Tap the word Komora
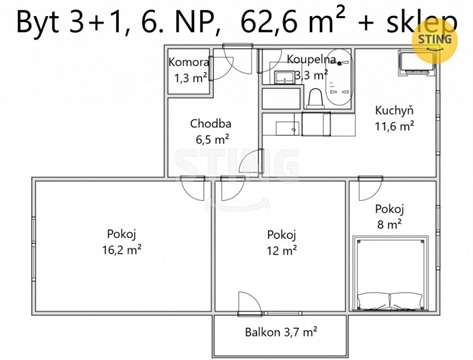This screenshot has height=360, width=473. (x=189, y=62)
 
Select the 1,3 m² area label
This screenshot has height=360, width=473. (x=189, y=78)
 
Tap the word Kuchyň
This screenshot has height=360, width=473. (x=396, y=111)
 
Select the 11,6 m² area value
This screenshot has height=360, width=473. (x=396, y=127)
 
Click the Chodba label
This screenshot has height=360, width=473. (x=211, y=125)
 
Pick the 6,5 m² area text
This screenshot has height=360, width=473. (x=211, y=141)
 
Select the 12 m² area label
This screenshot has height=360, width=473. (x=281, y=251)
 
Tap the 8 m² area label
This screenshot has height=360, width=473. (x=388, y=225)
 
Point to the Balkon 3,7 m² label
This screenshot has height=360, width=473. (x=281, y=331)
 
